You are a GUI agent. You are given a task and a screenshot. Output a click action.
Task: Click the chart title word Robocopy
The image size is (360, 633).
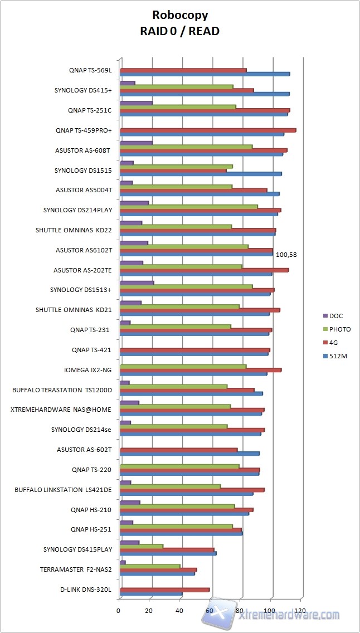[x=180, y=16]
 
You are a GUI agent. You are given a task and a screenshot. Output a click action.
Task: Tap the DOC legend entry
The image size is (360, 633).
[x=335, y=316]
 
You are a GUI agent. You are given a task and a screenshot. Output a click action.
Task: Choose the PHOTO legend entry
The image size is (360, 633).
[x=339, y=329]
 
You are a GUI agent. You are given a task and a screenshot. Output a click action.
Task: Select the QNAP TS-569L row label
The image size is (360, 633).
[x=90, y=70]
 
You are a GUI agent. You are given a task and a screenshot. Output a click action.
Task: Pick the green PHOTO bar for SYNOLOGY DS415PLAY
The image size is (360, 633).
[x=142, y=546]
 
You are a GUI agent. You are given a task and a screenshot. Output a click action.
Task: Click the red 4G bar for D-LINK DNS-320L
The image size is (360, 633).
[x=164, y=590]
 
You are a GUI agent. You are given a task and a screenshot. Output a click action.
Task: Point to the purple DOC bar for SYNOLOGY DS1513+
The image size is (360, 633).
[x=137, y=283]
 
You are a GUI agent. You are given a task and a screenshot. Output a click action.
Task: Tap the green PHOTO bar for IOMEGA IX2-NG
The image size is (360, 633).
[x=183, y=366]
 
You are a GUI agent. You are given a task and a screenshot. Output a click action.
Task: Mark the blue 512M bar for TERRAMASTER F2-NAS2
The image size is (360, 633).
[x=157, y=573]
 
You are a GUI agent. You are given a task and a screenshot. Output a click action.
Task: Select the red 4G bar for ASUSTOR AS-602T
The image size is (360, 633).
[x=178, y=450]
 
